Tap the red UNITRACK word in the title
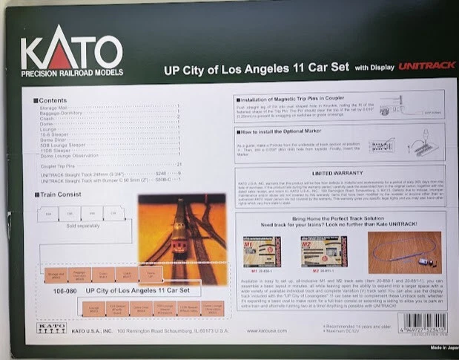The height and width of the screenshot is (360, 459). coord(426,66)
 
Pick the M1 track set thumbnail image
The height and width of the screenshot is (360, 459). coord(262,252)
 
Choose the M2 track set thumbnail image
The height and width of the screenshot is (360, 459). coord(320,252)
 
